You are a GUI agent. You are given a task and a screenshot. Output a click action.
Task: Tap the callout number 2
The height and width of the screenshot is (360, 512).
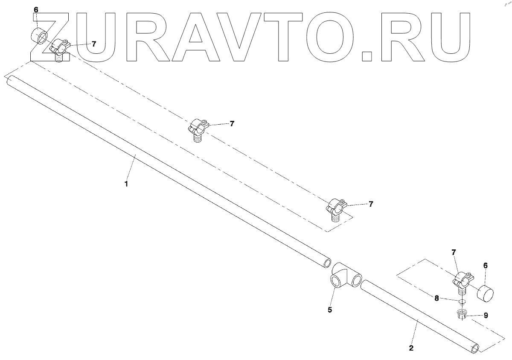pyautogui.click(x=411, y=348)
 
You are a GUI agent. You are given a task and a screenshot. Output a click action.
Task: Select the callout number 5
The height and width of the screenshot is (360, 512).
pyautogui.click(x=329, y=310)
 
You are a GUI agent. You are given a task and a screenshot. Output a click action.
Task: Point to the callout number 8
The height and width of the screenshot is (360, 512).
pyautogui.click(x=436, y=299)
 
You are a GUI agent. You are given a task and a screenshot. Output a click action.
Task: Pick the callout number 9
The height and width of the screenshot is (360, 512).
pyautogui.click(x=486, y=316)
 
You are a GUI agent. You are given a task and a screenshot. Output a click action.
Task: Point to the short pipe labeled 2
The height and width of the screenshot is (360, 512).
pyautogui.click(x=418, y=316)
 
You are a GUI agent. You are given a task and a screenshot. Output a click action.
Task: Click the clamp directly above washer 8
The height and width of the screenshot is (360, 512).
pyautogui.click(x=462, y=281)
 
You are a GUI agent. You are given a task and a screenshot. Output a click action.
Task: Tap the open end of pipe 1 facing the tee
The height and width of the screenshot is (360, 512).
pyautogui.click(x=326, y=261)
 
